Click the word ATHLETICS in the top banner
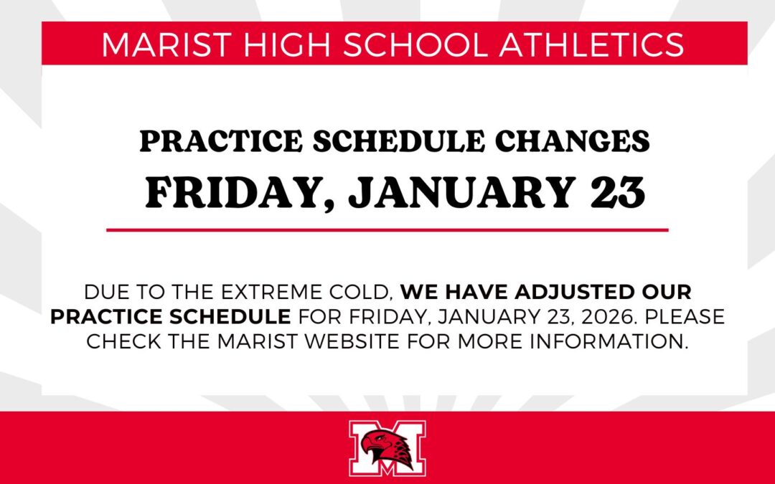591,44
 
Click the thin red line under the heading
387,230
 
